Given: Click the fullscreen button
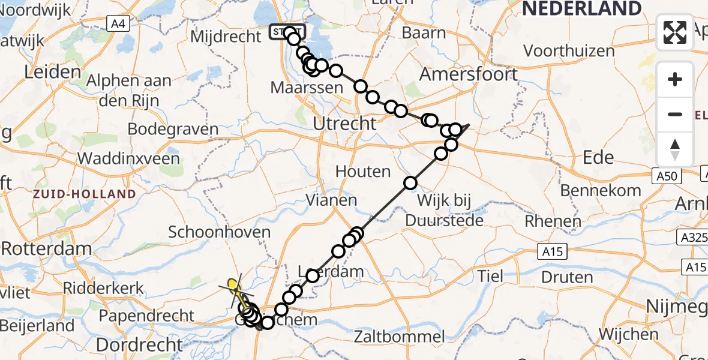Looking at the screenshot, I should pyautogui.click(x=675, y=32).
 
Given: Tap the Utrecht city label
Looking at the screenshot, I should pyautogui.click(x=345, y=124).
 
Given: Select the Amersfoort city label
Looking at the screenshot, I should pyautogui.click(x=468, y=74).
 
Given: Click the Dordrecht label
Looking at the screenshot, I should pyautogui.click(x=147, y=344).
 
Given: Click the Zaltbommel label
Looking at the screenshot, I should pyautogui.click(x=407, y=336).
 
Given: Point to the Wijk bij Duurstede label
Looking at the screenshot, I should pyautogui.click(x=444, y=209).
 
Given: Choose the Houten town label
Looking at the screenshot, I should pyautogui.click(x=363, y=172).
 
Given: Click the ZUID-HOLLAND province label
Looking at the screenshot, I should pyautogui.click(x=85, y=194).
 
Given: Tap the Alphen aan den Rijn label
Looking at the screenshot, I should pyautogui.click(x=129, y=90).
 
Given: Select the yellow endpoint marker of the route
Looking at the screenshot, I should pyautogui.click(x=232, y=282).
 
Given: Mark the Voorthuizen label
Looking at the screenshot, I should pyautogui.click(x=572, y=51).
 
